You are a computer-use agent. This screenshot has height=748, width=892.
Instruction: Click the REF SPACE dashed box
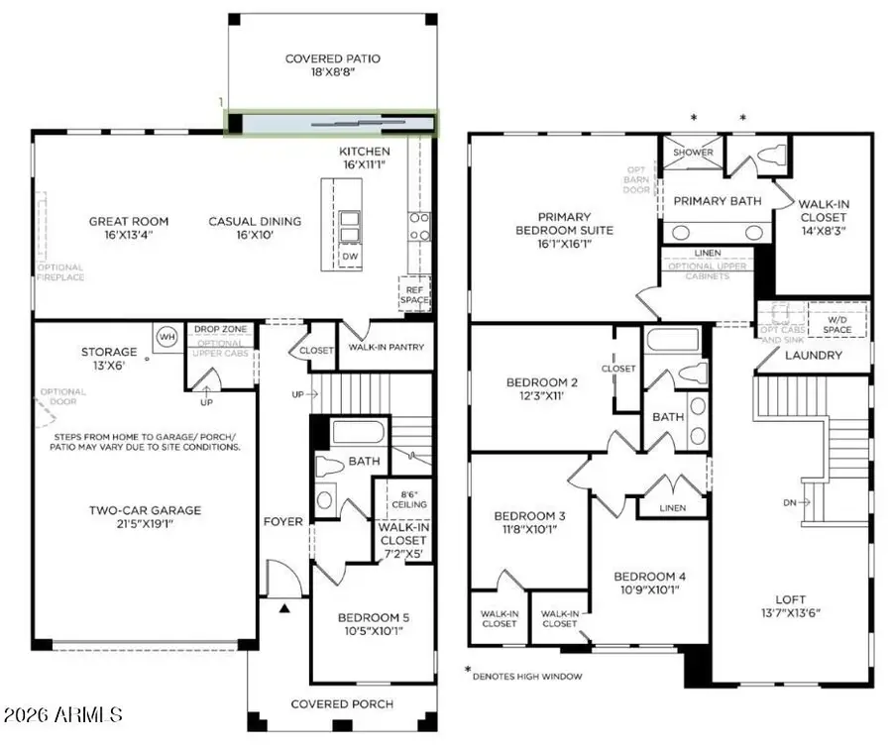tap(414, 293)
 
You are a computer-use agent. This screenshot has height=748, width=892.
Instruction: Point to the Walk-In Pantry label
tap(387, 347)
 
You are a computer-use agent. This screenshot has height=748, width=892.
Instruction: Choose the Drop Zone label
tap(219, 329)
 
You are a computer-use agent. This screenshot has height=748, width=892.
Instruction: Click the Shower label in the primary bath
tap(693, 153)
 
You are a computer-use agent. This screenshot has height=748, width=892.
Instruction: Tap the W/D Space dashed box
tap(837, 319)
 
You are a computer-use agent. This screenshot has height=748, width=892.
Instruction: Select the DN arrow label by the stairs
tap(790, 503)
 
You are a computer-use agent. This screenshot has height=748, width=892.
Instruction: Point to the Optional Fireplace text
tap(61, 272)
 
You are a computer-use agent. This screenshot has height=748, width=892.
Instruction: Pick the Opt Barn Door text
tap(636, 182)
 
